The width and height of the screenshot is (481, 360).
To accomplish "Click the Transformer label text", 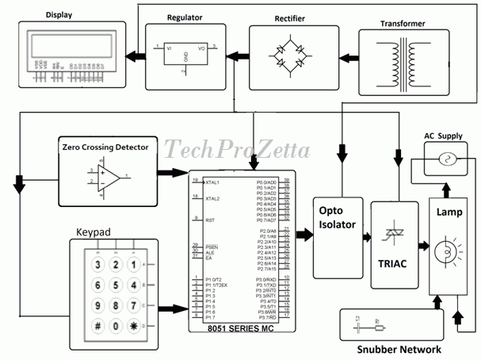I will pyautogui.click(x=403, y=24).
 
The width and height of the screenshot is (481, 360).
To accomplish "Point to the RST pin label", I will pyautogui.click(x=210, y=220).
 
